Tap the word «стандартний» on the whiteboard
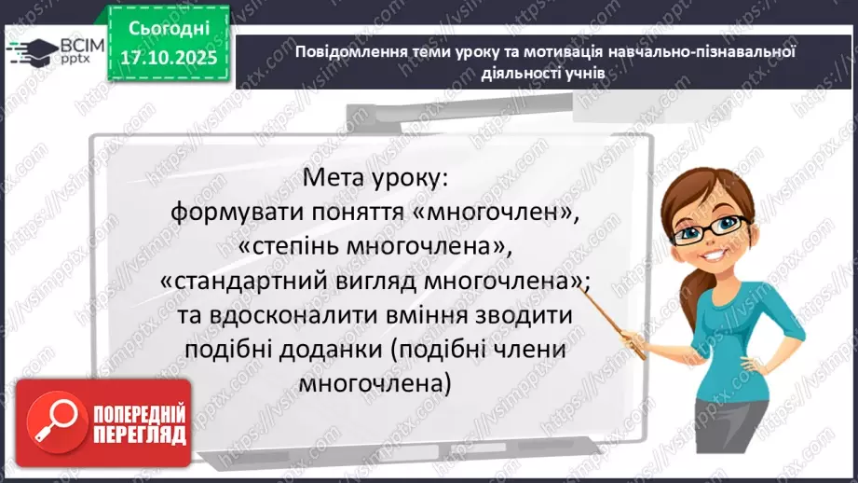click(x=240, y=281)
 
